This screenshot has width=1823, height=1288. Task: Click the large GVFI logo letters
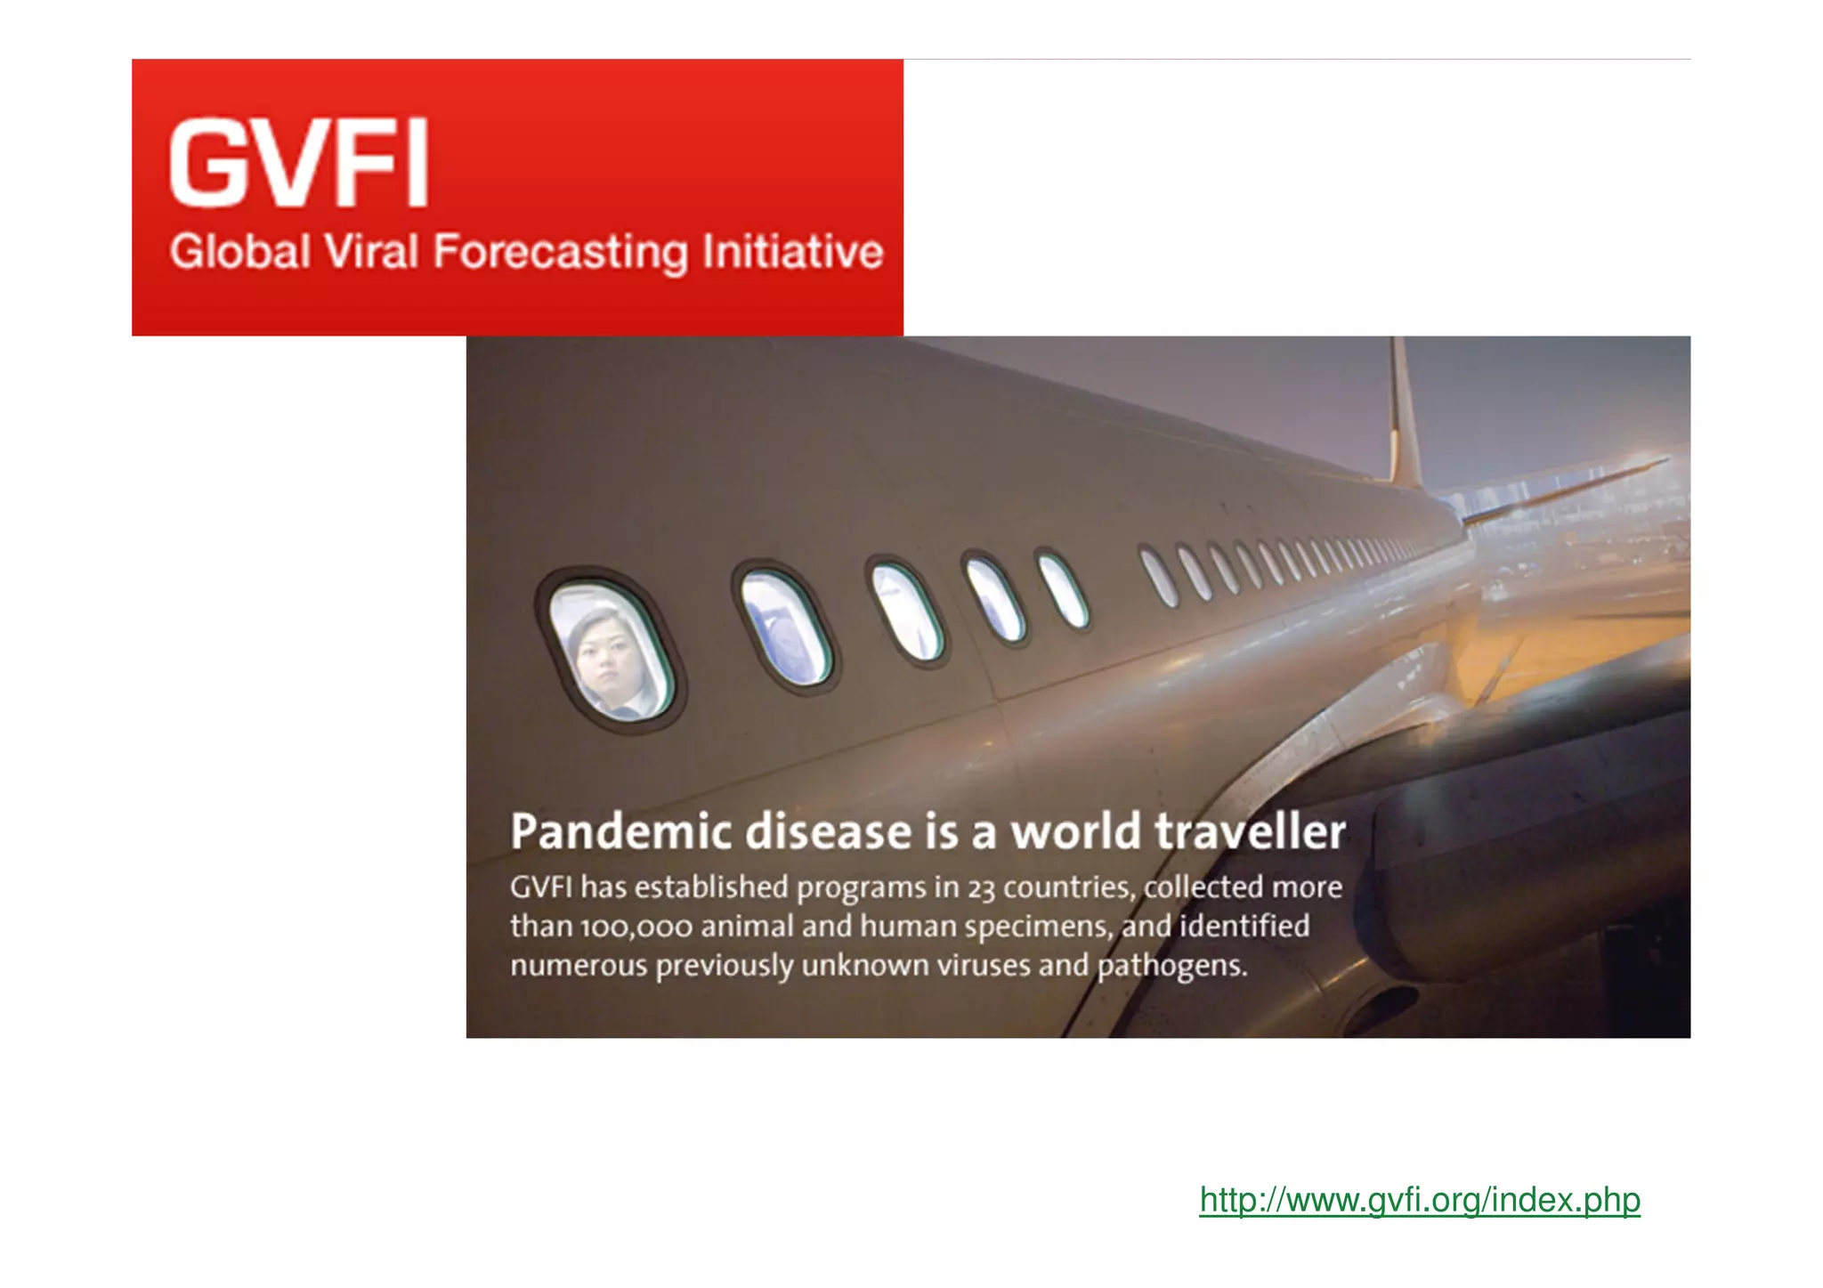tap(299, 164)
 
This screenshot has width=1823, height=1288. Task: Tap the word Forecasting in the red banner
tap(561, 252)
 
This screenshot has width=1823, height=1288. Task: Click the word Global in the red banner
tap(240, 252)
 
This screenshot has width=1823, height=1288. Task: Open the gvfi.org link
tap(1419, 1200)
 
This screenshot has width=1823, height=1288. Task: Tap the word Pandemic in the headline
tap(620, 832)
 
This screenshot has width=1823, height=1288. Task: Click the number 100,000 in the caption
tap(636, 928)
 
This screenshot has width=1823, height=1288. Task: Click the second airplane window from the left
tap(783, 628)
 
